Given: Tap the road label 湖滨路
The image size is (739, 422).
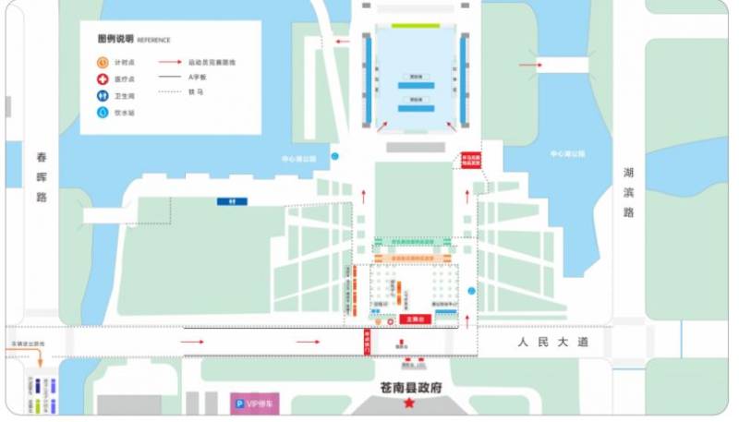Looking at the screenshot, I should (628, 192).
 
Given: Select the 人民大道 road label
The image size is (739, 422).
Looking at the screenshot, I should (552, 343).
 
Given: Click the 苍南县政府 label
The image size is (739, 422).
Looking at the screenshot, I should (409, 387).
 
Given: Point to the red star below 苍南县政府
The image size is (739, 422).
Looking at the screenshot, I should (409, 404).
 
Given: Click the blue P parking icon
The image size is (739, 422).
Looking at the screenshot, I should (238, 404).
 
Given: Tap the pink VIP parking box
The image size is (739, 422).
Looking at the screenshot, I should (254, 404).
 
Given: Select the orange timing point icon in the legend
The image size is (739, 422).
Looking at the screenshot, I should (102, 62).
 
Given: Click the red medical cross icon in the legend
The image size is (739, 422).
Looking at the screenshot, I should (102, 78).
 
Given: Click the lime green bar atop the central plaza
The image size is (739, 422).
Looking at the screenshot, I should (415, 26).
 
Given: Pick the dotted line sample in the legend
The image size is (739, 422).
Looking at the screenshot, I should (170, 91).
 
